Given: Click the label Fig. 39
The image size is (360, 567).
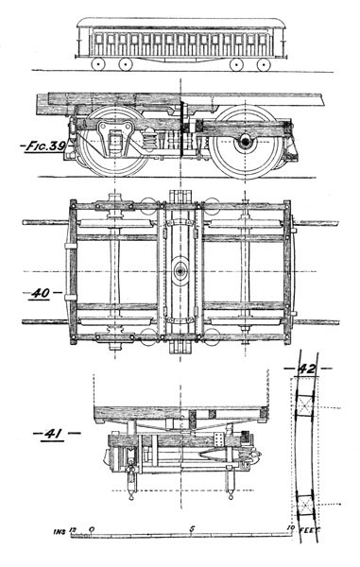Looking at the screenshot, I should coord(39,146).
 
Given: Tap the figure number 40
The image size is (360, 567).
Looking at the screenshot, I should coord(41,293).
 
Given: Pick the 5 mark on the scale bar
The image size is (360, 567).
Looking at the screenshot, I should coord(194,530).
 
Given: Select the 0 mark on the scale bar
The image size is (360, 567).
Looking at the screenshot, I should coord(91,530).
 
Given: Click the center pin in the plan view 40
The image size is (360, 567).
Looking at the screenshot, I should coord(179,272).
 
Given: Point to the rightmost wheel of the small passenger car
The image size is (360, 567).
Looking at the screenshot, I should coord(264,64).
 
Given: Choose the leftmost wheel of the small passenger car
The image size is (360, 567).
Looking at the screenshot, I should coord(98,64).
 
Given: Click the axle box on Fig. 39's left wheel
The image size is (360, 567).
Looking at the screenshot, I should coord(116,144).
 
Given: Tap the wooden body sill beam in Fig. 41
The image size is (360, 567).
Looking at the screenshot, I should coord(180,413).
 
